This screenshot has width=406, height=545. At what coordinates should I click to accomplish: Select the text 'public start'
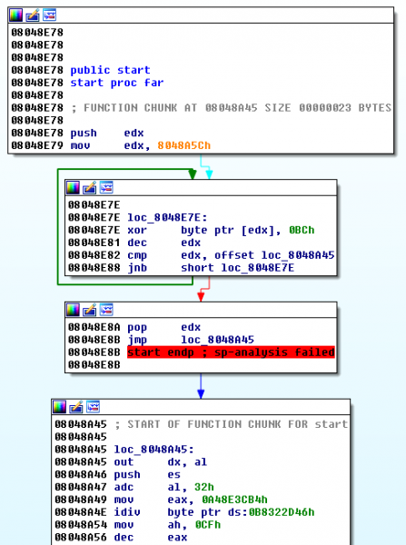click(x=110, y=70)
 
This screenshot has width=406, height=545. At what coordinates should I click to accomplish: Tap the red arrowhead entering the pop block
click(x=201, y=294)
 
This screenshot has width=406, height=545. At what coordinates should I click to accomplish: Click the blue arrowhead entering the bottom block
click(x=202, y=393)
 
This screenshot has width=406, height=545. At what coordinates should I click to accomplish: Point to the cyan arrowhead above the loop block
click(x=208, y=172)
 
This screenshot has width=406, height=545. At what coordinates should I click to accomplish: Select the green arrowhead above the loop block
click(x=193, y=172)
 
